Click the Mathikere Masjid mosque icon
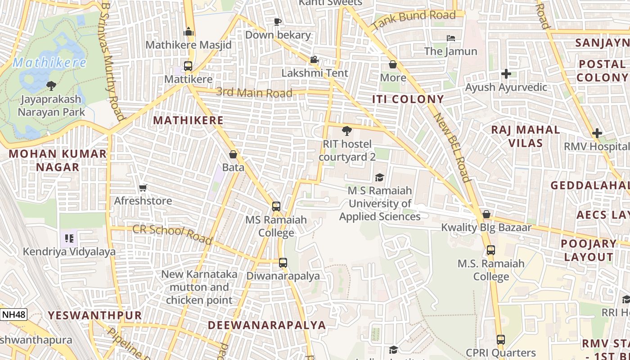[189, 31]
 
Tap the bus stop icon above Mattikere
[188, 66]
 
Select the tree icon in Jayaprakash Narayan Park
[51, 85]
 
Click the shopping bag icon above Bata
[233, 154]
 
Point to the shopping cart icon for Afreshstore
[143, 188]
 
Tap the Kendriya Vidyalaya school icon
[69, 238]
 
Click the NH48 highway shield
[13, 314]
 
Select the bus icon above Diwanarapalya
[283, 262]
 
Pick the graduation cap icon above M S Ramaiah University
[379, 177]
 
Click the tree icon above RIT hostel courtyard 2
[346, 131]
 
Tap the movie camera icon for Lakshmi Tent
[314, 59]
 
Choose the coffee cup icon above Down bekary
[278, 22]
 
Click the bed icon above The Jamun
[451, 38]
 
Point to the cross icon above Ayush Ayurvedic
[506, 73]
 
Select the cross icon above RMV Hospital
[597, 133]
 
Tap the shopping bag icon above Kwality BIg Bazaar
[486, 214]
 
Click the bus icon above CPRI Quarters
[500, 340]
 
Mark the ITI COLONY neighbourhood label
[408, 99]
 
